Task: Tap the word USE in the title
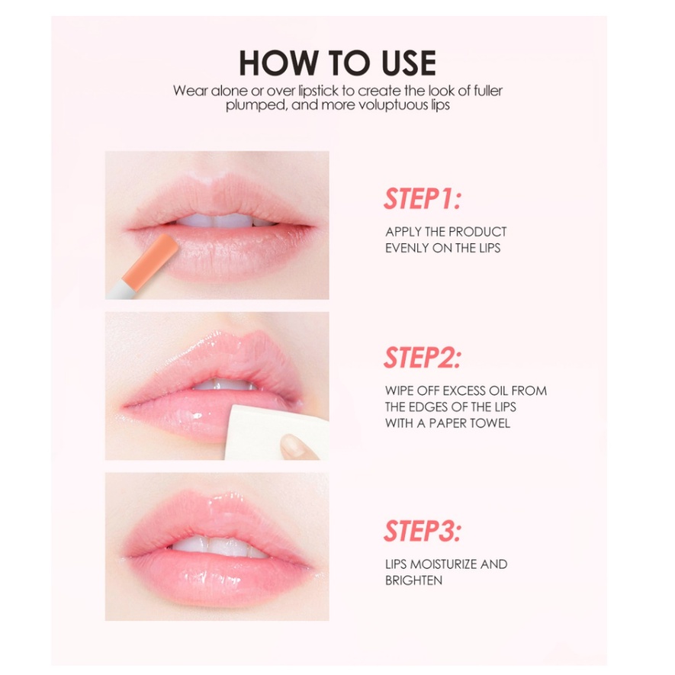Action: (x=409, y=63)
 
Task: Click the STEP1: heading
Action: (x=423, y=198)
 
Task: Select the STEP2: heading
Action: (x=423, y=358)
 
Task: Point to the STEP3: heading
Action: (x=423, y=531)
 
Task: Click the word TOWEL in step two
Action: (x=490, y=423)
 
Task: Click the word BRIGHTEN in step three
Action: (x=413, y=580)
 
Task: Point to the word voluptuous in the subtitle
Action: (x=394, y=105)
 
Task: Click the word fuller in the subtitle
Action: (x=487, y=91)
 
